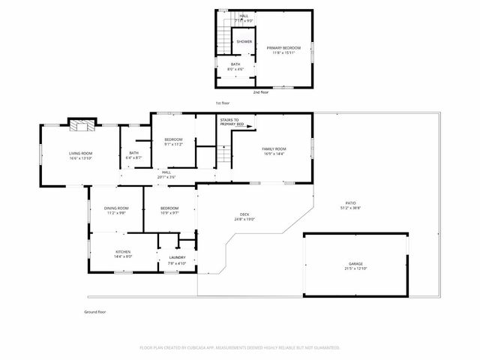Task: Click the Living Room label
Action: pos(79,155)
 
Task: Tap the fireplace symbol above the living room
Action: pos(79,124)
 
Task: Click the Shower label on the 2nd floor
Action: pos(244,42)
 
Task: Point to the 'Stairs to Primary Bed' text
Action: pos(229,121)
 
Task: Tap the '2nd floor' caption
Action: pos(262,92)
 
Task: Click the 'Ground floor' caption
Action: pos(95,311)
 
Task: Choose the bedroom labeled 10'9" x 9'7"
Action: pos(169,210)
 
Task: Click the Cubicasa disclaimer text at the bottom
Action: pos(240,347)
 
